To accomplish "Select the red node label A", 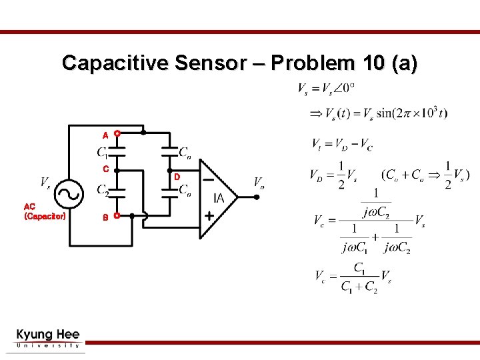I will pyautogui.click(x=105, y=135).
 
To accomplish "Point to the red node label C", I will pyautogui.click(x=105, y=169).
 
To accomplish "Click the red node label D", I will pyautogui.click(x=177, y=177).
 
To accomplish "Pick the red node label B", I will pyautogui.click(x=105, y=217).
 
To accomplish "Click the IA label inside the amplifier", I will pyautogui.click(x=219, y=198).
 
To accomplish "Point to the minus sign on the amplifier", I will pyautogui.click(x=209, y=179).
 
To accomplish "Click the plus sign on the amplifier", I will pyautogui.click(x=209, y=217).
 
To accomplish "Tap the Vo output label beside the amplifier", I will pyautogui.click(x=259, y=182).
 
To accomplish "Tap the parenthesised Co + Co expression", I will pyautogui.click(x=424, y=175).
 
